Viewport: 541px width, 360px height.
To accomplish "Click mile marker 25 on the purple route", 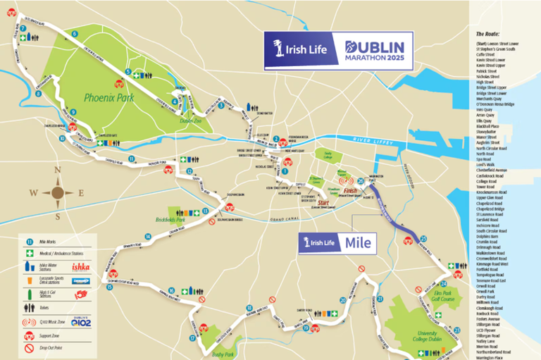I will point(423,240).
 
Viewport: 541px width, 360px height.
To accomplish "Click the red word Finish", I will point(350,190).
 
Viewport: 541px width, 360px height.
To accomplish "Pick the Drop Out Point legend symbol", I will point(29,347).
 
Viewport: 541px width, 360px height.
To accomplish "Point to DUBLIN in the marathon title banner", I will point(374,44).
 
